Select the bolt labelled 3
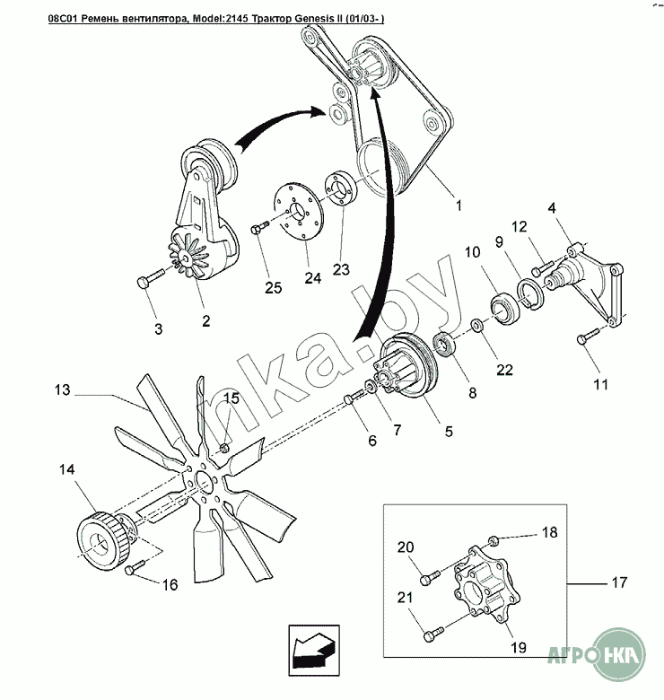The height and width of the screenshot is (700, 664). [145, 284]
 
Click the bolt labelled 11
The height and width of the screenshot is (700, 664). [581, 339]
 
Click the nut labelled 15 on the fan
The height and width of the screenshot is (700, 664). [223, 445]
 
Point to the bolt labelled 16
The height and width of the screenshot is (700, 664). [134, 568]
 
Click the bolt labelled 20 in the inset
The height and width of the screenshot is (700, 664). [427, 571]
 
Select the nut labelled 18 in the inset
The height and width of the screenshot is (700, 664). [494, 540]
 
